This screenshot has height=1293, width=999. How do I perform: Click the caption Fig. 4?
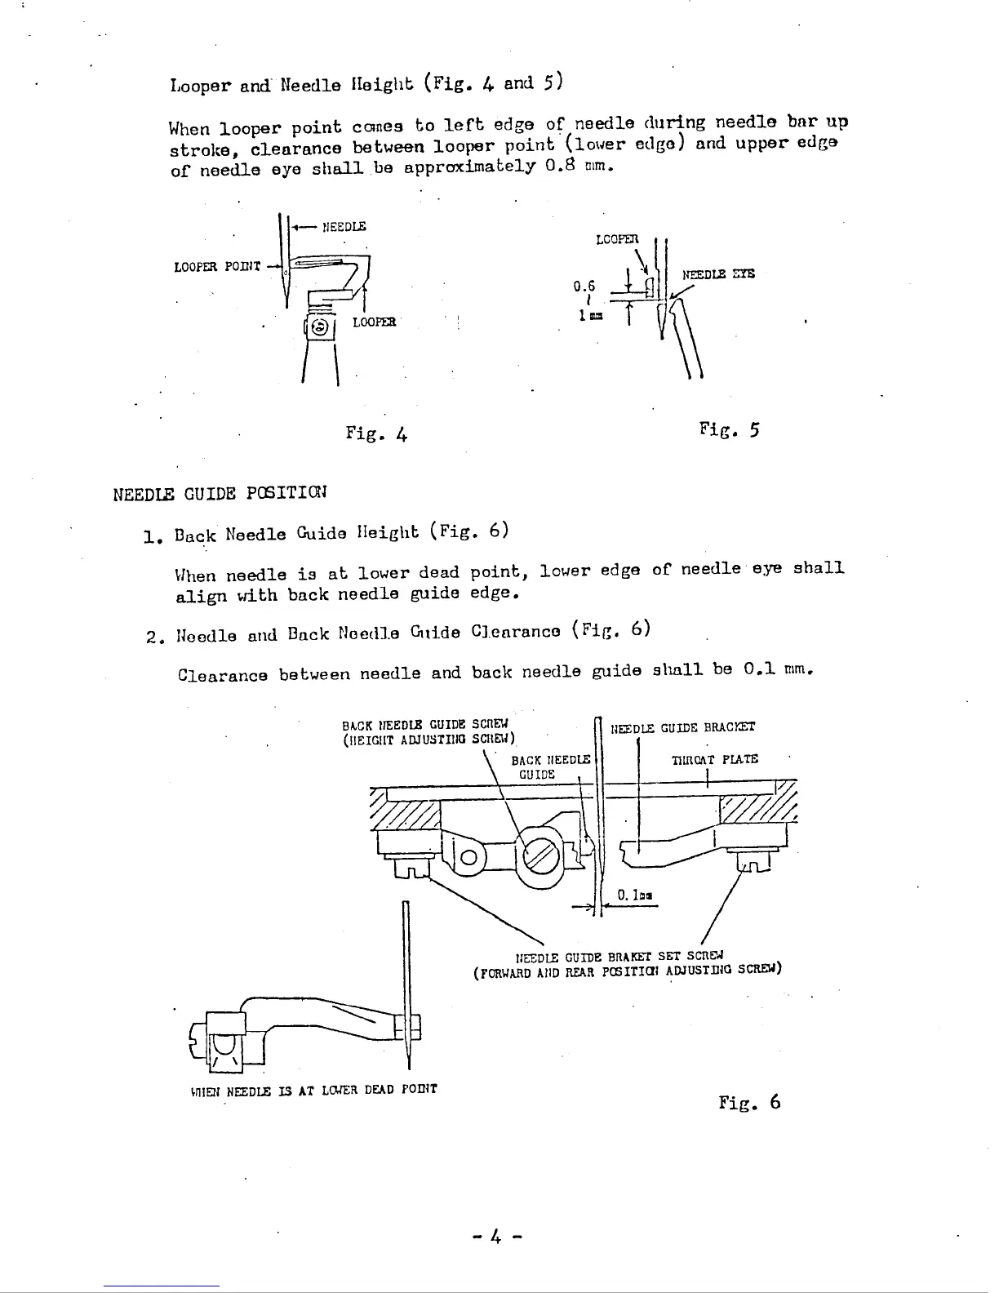pos(376,433)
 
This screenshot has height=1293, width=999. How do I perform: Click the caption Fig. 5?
pos(729,429)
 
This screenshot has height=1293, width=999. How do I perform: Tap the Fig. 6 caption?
pos(749,1102)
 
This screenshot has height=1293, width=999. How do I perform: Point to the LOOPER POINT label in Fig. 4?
pos(217,266)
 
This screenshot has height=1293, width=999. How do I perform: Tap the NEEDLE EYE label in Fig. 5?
pos(718,274)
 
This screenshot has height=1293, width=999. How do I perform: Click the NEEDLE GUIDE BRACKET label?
pos(683,727)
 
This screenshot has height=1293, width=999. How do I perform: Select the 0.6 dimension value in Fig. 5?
pos(584,286)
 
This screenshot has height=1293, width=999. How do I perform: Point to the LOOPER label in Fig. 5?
pos(616,240)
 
